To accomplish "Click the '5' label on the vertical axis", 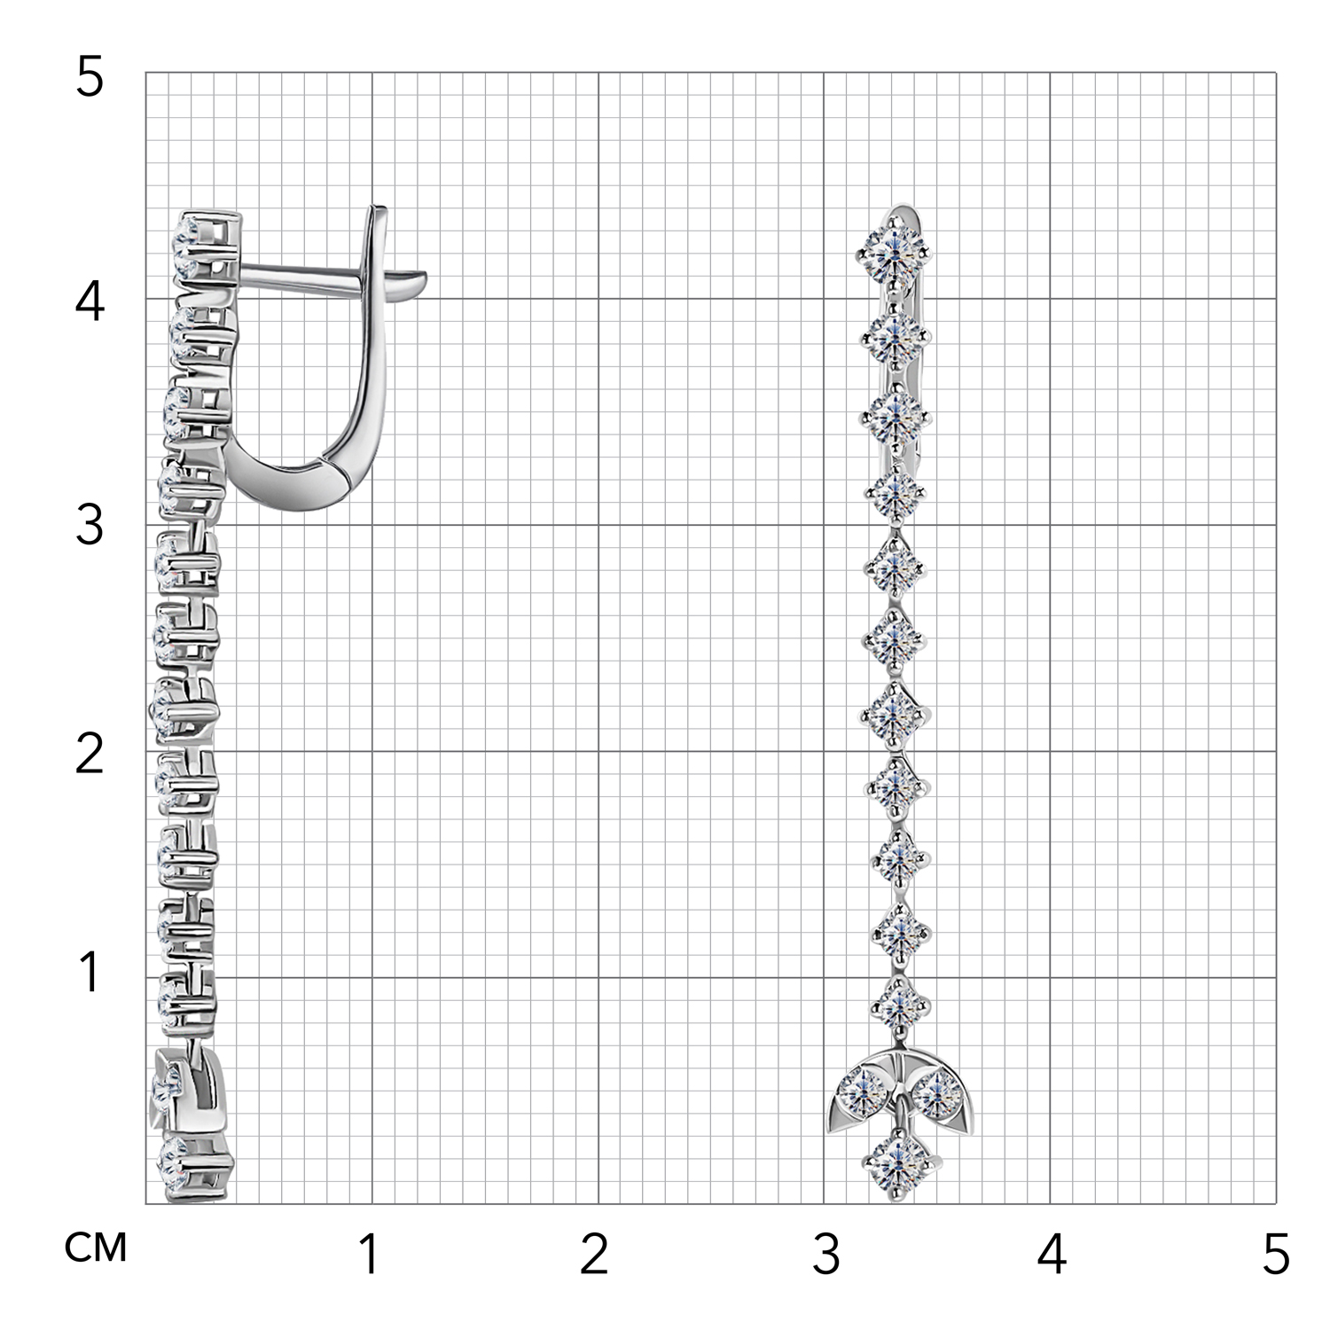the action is [x=90, y=78].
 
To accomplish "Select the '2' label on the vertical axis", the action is [x=90, y=754].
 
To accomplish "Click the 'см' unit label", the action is [x=96, y=1248].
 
